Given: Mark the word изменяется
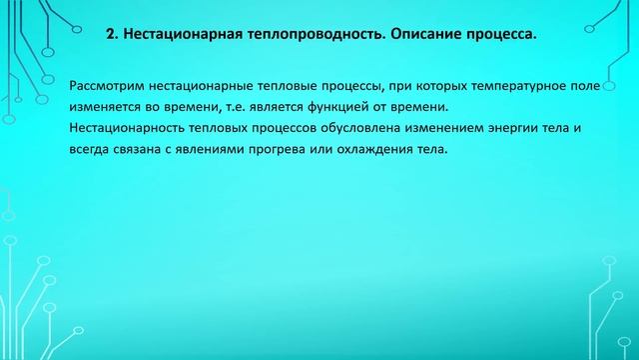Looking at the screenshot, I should [x=109, y=108].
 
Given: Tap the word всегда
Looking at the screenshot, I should [x=93, y=150].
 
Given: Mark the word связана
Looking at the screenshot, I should [x=145, y=150].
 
